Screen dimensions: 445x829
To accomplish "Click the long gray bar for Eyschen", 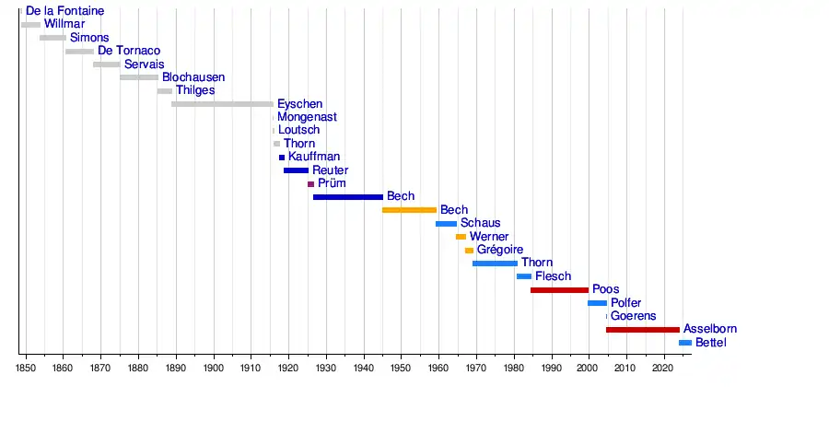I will (x=222, y=104).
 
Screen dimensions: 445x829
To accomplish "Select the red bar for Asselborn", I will (x=642, y=329).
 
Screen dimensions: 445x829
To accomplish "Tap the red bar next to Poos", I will (x=558, y=289).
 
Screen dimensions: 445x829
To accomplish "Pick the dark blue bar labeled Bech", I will (x=347, y=196).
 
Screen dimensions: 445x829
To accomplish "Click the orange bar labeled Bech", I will (x=409, y=210).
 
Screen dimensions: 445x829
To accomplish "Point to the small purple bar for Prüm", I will (x=310, y=183).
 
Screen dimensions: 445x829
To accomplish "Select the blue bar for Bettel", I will (x=684, y=343).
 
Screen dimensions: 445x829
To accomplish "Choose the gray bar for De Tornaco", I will (x=79, y=51).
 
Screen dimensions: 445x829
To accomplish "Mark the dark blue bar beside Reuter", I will (x=296, y=170).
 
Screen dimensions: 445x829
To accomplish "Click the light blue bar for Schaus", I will (x=446, y=223).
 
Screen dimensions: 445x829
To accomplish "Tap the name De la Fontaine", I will (x=64, y=11).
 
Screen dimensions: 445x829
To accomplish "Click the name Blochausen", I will (x=193, y=77).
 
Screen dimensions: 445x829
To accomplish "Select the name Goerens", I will (x=634, y=316).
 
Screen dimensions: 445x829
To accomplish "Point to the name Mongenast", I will (x=307, y=117).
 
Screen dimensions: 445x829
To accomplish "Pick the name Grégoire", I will (x=500, y=250).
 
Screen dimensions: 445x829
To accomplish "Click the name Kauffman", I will (x=314, y=157).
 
